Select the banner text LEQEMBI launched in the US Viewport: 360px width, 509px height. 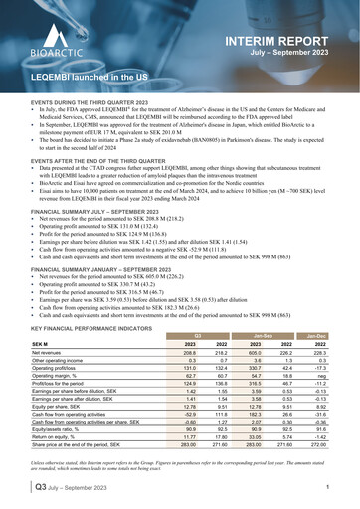point(90,76)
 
